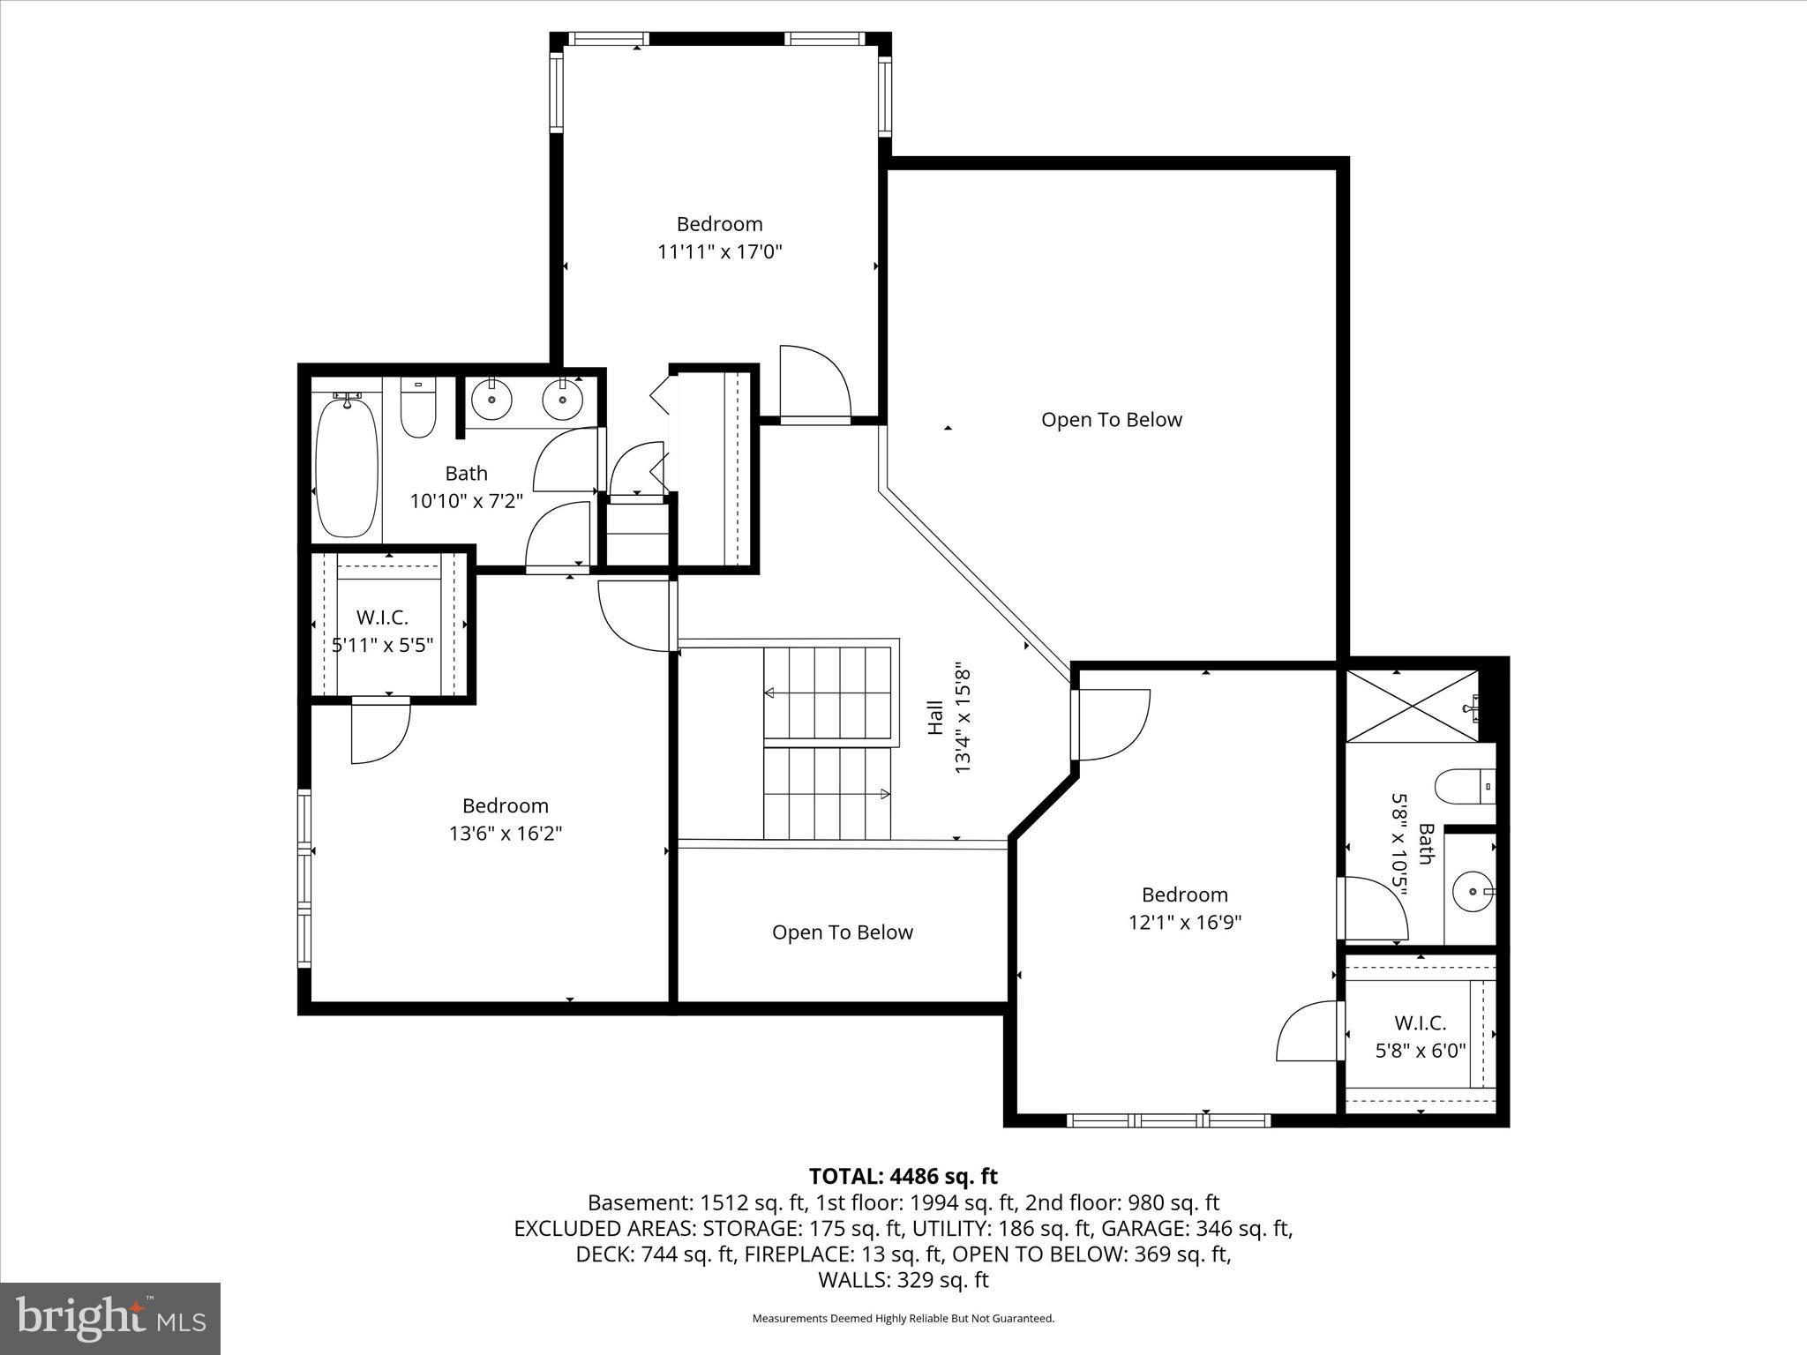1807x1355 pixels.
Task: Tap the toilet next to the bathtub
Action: pyautogui.click(x=418, y=410)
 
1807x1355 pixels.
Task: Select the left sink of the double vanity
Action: pyautogui.click(x=491, y=402)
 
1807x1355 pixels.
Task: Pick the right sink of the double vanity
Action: pyautogui.click(x=562, y=402)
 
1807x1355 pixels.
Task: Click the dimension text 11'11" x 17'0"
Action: pyautogui.click(x=720, y=252)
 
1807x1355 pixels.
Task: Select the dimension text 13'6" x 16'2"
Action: pyautogui.click(x=506, y=834)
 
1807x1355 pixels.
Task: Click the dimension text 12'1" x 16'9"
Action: pyautogui.click(x=1185, y=923)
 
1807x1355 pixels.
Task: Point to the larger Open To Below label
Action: pyautogui.click(x=1111, y=420)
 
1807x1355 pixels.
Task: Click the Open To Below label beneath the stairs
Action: pyautogui.click(x=842, y=932)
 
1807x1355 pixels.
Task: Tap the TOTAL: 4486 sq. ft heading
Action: pyautogui.click(x=903, y=1176)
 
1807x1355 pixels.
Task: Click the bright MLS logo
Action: pyautogui.click(x=110, y=1319)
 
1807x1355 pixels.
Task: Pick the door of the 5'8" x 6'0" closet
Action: pyautogui.click(x=1308, y=1032)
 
